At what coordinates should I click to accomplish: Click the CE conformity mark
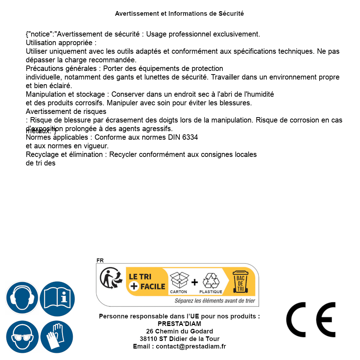point(311,320)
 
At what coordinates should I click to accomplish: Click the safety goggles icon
point(22,337)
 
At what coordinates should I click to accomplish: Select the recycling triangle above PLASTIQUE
point(211,281)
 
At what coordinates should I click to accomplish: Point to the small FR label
point(100,260)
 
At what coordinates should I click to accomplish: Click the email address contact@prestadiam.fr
point(191,346)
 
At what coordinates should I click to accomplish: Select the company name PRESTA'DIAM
point(179,324)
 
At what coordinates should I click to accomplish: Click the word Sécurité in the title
point(231,14)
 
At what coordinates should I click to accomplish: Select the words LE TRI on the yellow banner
point(140,277)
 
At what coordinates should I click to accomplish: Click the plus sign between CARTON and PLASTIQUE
point(195,282)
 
